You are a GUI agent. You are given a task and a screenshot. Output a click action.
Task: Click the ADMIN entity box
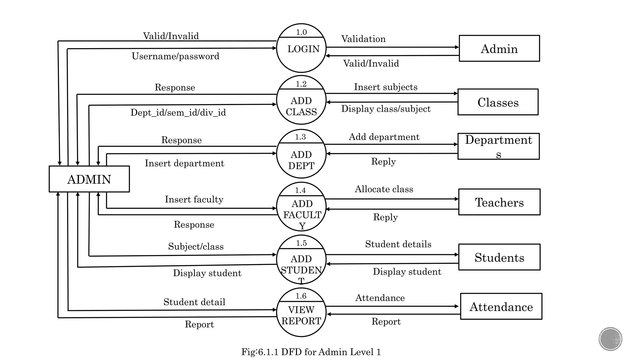(x=89, y=179)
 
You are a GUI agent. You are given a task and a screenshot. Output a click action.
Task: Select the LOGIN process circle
(x=301, y=49)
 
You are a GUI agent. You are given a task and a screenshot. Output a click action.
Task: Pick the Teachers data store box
(x=499, y=202)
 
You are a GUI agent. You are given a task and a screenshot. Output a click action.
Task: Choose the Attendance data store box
(x=501, y=307)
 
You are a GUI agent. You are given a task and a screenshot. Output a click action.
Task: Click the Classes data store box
(x=498, y=102)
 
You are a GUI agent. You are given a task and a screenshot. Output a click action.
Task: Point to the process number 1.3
(x=300, y=137)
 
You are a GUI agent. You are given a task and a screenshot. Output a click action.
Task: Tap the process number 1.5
(x=301, y=243)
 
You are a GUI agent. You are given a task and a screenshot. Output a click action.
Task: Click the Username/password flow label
(x=175, y=56)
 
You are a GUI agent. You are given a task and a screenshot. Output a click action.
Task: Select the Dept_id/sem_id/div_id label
(x=178, y=112)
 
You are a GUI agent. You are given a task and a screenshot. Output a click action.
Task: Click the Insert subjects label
(x=386, y=87)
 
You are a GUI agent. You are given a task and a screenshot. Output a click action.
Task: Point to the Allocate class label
(x=384, y=189)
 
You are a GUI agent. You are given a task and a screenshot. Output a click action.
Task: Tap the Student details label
(x=398, y=244)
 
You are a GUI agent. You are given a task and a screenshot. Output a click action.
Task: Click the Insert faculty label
(x=194, y=199)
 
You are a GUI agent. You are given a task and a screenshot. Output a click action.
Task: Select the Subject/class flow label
(x=196, y=247)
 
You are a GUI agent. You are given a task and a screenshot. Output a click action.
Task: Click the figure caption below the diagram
(x=311, y=352)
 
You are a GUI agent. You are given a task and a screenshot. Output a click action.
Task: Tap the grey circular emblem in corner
(x=610, y=339)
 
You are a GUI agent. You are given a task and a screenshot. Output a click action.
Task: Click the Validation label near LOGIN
(x=363, y=39)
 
